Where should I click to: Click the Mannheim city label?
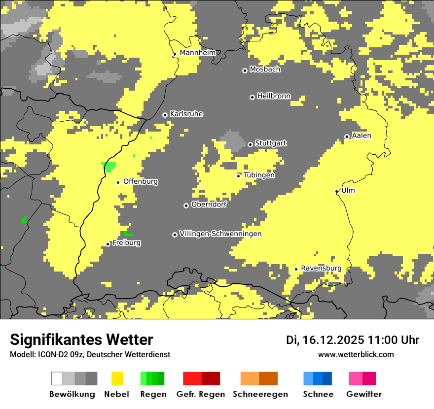(197, 53)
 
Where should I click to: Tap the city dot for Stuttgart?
(251, 144)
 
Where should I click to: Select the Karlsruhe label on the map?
(186, 114)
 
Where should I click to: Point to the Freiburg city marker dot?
(108, 244)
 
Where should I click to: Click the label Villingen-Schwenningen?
(220, 234)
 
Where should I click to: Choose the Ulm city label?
(348, 190)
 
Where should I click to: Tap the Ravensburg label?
(321, 268)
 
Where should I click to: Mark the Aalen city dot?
(347, 136)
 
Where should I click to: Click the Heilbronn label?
(274, 96)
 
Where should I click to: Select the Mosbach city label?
(265, 69)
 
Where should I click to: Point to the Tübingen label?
(259, 175)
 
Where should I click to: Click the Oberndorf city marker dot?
(186, 205)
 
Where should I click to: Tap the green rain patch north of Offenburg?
(109, 167)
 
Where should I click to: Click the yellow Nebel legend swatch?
(117, 378)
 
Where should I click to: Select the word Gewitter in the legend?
(364, 394)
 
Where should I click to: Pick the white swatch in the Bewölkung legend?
(57, 378)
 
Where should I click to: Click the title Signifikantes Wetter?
(81, 340)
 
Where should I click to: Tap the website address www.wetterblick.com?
(356, 354)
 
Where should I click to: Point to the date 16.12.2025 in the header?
(333, 340)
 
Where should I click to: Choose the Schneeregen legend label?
(260, 394)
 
